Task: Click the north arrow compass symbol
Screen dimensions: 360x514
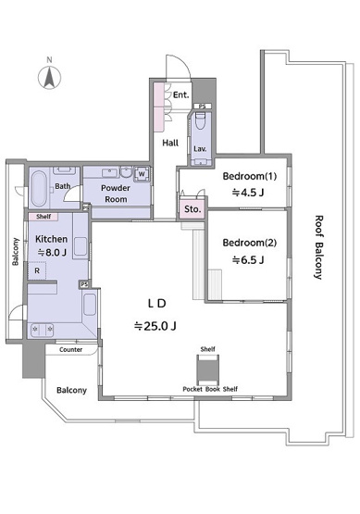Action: (49, 78)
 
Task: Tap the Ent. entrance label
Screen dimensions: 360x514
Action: (181, 95)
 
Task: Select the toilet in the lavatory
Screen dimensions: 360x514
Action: (200, 121)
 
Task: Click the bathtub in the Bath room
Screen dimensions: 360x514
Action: (39, 189)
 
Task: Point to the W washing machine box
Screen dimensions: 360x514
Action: (142, 174)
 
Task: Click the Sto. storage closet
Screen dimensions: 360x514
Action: (192, 208)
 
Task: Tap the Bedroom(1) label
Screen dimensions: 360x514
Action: (250, 176)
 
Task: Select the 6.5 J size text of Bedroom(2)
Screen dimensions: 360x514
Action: (248, 260)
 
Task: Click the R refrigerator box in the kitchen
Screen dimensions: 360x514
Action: (37, 270)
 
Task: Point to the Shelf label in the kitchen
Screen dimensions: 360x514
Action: (43, 217)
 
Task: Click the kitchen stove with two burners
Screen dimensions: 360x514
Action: (42, 330)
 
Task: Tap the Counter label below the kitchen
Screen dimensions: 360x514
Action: (70, 350)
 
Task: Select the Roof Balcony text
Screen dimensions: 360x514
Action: (318, 247)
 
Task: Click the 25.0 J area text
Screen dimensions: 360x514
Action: (155, 326)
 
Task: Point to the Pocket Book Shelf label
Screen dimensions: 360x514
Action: (210, 389)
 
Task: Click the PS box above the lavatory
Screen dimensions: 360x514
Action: (203, 107)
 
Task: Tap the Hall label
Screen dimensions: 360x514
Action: (170, 143)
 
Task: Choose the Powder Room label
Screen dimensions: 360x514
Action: (116, 194)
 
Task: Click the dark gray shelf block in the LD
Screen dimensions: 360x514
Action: (207, 370)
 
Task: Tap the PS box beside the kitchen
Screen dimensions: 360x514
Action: (84, 284)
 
